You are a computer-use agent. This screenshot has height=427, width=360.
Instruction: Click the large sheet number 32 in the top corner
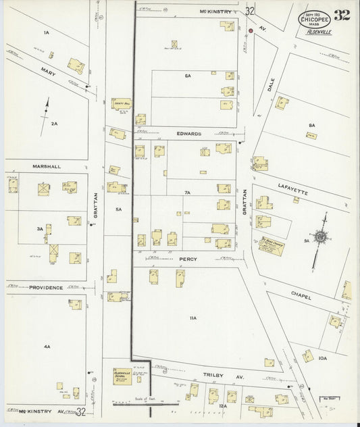click(342, 15)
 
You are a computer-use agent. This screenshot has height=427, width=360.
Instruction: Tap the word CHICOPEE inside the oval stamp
click(312, 20)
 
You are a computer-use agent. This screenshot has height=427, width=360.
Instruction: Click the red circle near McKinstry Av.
click(250, 30)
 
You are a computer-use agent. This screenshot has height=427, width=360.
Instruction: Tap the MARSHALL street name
click(46, 166)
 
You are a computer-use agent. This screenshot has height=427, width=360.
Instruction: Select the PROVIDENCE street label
click(46, 288)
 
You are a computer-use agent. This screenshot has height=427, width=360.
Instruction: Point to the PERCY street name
click(187, 258)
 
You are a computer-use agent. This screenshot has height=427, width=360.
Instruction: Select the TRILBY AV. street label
click(217, 374)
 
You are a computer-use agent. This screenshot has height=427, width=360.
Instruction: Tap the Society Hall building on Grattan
click(122, 104)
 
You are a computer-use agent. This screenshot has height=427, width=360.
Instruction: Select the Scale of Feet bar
click(140, 404)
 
